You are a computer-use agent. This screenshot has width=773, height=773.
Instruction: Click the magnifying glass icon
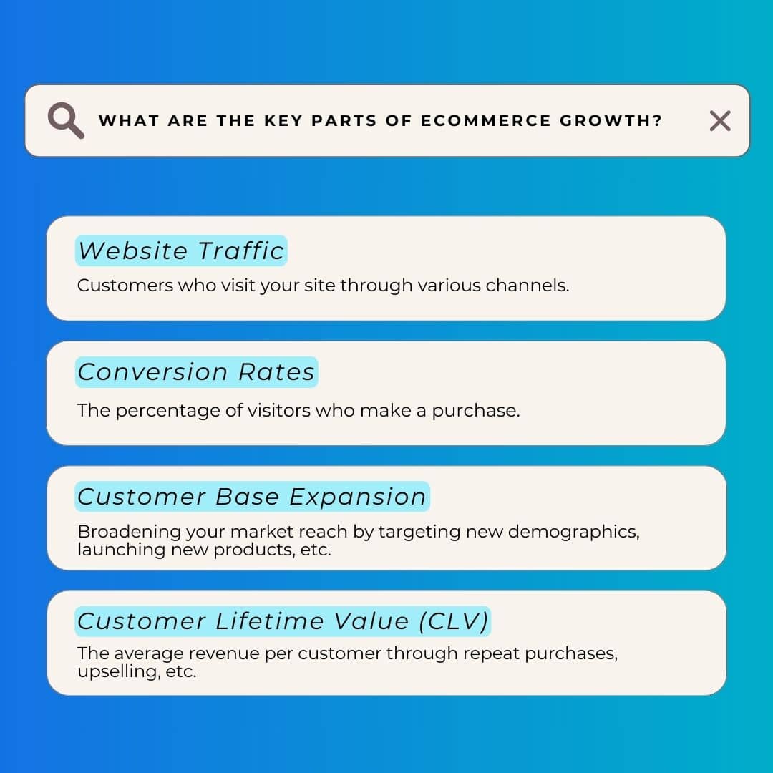[x=65, y=120]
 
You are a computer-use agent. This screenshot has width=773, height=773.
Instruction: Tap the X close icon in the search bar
[x=720, y=121]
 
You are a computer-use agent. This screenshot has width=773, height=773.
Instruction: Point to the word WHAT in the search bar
[x=127, y=121]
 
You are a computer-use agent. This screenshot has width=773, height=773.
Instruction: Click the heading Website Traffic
[x=181, y=251]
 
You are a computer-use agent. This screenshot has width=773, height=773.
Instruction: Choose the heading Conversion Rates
[x=196, y=372]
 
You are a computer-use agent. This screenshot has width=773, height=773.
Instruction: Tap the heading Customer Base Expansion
[x=252, y=497]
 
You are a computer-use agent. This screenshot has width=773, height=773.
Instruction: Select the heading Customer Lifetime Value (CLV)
[x=283, y=621]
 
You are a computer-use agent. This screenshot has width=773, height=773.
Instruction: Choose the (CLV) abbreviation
[x=453, y=621]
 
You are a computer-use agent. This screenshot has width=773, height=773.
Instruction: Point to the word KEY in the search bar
[x=283, y=121]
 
